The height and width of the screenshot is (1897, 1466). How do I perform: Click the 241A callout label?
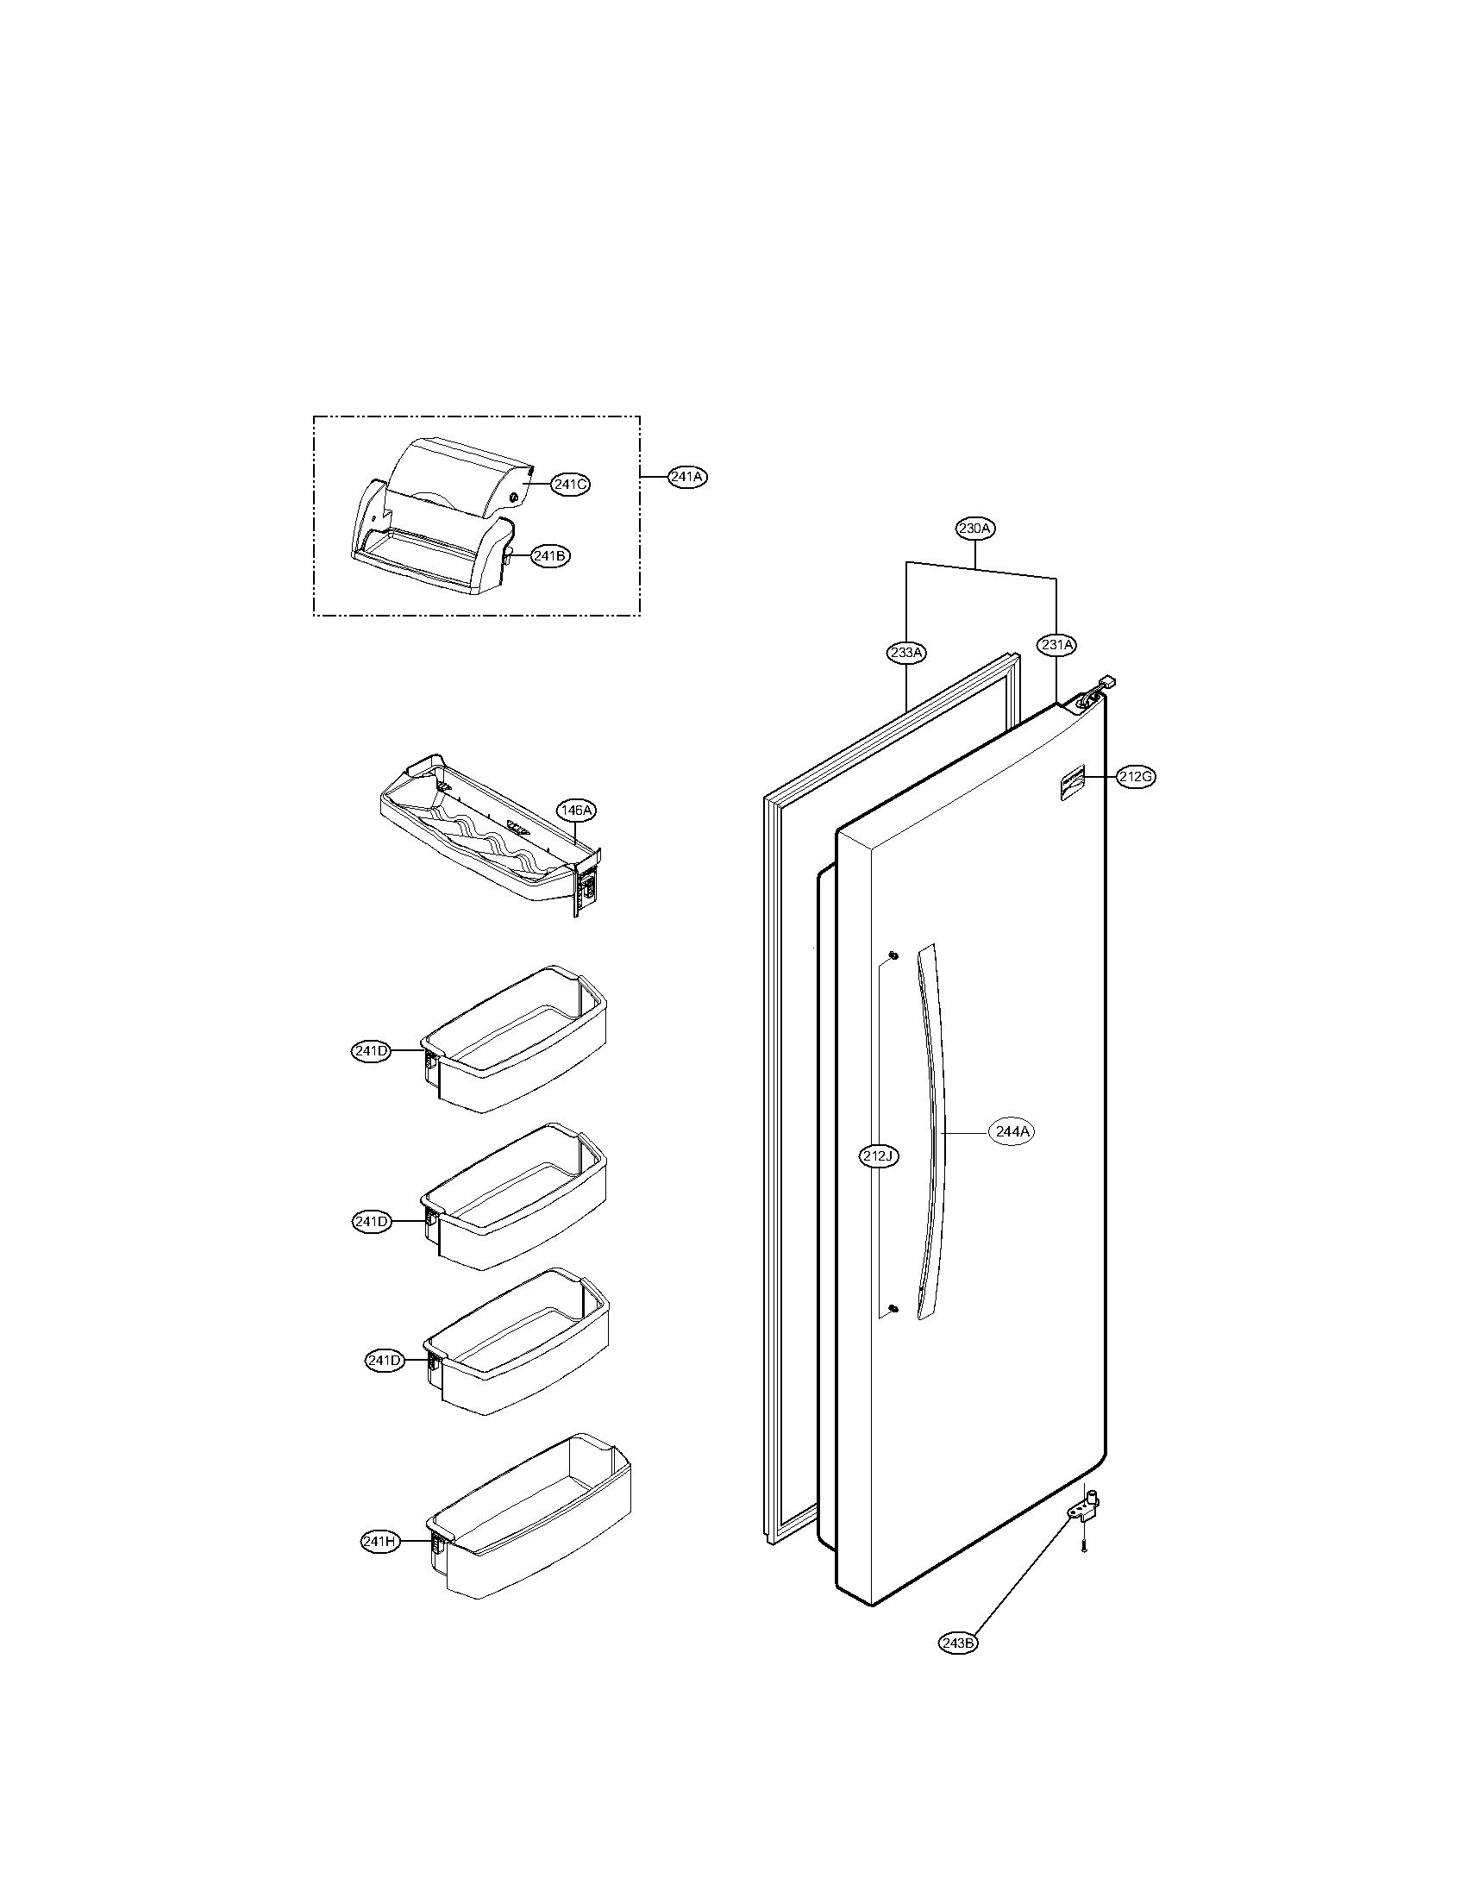(687, 477)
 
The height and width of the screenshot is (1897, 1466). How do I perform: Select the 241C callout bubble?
(570, 485)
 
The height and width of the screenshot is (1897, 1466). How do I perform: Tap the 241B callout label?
(551, 558)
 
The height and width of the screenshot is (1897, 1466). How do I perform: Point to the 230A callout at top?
(975, 528)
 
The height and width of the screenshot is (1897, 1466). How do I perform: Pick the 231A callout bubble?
(1056, 644)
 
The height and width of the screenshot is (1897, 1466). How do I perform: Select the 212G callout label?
(1136, 778)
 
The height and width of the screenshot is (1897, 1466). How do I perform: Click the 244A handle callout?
(1012, 1132)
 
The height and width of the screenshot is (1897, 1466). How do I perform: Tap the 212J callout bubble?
(879, 1156)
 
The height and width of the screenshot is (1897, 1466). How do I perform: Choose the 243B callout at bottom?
(959, 1643)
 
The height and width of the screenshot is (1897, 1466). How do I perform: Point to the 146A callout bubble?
(577, 811)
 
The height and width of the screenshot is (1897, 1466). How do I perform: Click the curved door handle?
(932, 1138)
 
